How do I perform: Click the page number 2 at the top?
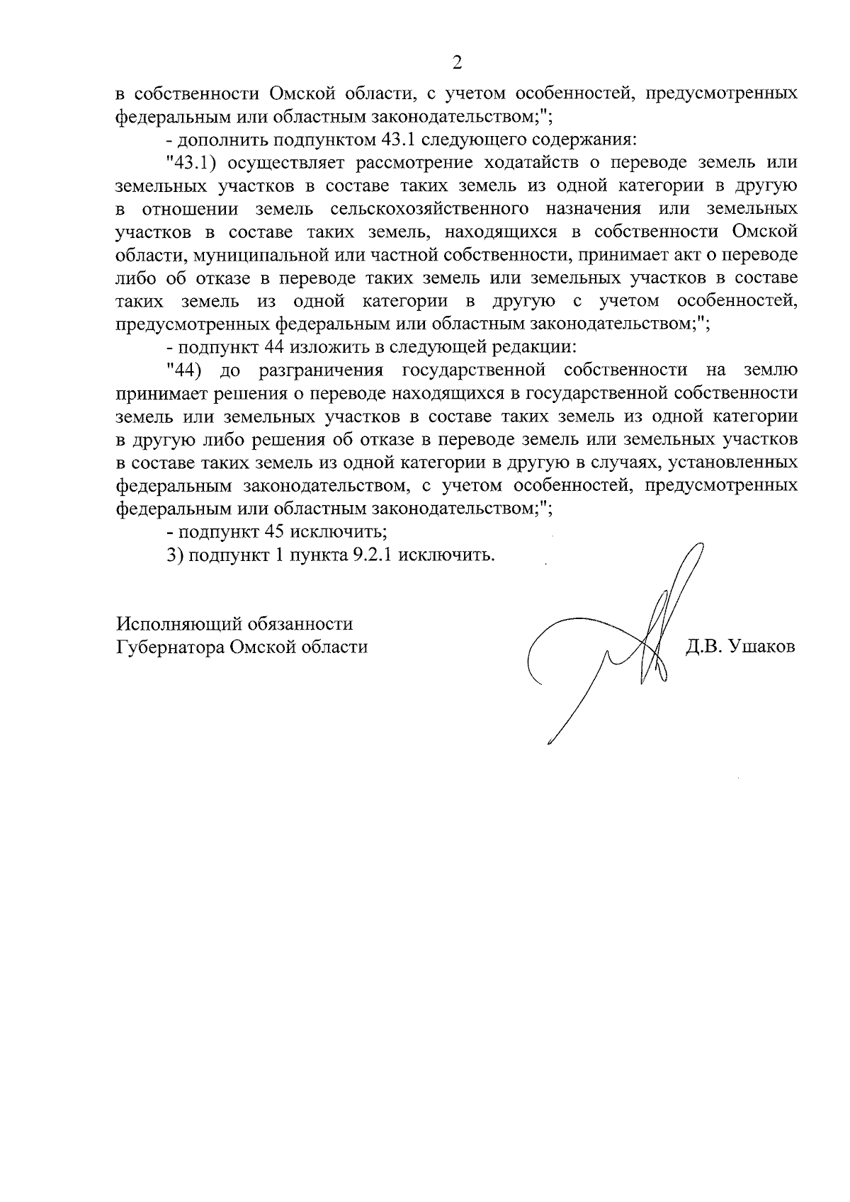(x=457, y=63)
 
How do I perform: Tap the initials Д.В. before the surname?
(x=704, y=647)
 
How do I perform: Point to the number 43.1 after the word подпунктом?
(x=388, y=139)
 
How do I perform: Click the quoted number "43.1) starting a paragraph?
(x=189, y=162)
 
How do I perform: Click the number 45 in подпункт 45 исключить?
(x=273, y=531)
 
